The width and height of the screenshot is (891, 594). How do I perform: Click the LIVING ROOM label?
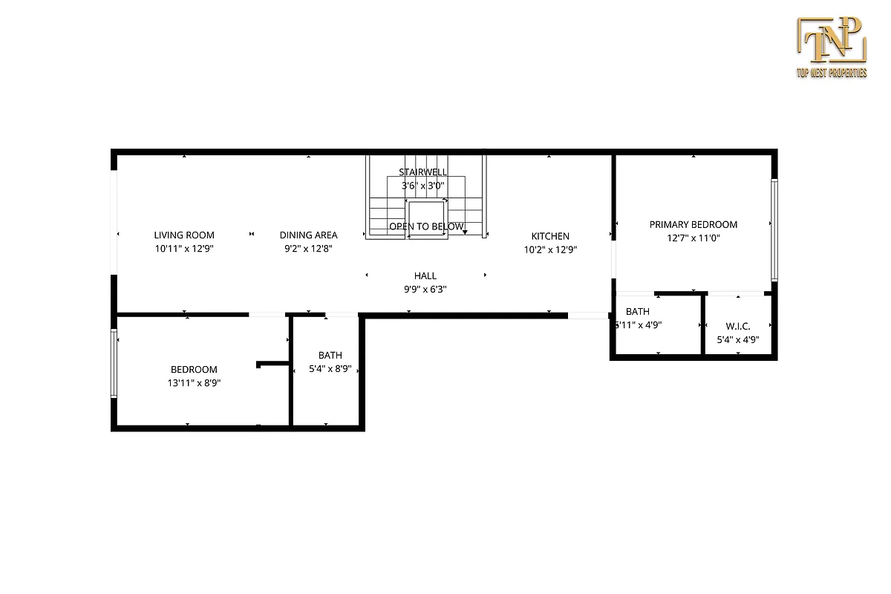[184, 235]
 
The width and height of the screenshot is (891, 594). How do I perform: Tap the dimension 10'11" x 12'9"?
[184, 249]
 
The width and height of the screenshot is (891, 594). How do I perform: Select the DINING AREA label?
[308, 235]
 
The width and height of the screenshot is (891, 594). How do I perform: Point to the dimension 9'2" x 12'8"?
[308, 249]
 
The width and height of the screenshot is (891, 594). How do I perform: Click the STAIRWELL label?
[422, 172]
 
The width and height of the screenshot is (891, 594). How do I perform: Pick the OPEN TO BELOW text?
[426, 226]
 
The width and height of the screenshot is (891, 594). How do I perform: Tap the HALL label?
[425, 275]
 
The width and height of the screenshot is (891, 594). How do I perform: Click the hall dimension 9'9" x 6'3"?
[425, 290]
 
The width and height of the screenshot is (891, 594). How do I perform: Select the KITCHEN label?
[550, 236]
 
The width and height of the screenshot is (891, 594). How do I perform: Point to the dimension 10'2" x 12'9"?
[550, 250]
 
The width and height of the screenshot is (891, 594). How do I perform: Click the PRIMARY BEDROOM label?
[693, 224]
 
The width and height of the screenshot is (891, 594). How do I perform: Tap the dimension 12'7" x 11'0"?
[693, 238]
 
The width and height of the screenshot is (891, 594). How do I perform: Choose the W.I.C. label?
[737, 326]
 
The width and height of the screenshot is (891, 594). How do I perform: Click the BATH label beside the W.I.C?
[637, 312]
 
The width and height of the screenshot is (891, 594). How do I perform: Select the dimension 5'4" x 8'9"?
[330, 369]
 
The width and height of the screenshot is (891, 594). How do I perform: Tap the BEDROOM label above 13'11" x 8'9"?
[194, 370]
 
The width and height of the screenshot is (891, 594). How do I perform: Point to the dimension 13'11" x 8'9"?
[194, 384]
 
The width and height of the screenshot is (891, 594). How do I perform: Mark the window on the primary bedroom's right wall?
[773, 230]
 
